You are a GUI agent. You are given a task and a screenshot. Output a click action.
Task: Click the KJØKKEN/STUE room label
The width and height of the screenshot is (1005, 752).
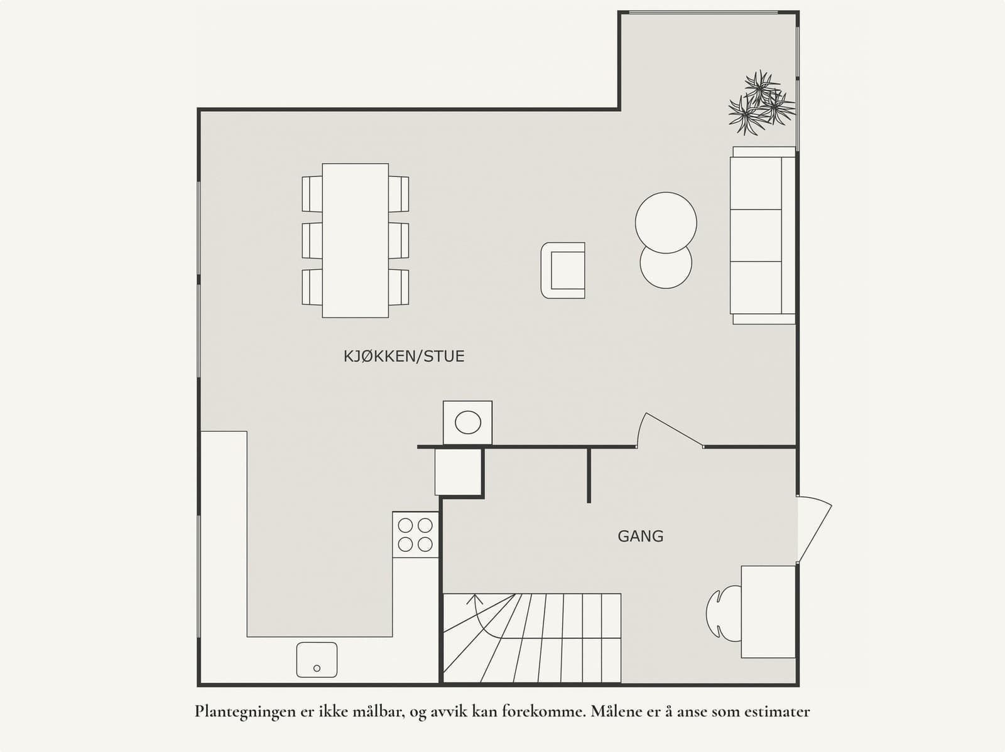pos(404,357)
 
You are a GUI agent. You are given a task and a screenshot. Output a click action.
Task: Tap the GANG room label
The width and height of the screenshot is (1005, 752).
pos(640,536)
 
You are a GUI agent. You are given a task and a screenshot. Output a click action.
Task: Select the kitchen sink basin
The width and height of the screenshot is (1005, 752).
pos(317,660)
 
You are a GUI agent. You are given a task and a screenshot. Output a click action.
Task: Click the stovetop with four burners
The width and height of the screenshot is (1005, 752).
pos(415,535)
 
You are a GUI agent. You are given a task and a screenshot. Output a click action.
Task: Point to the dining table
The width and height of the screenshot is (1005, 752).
pos(355,240)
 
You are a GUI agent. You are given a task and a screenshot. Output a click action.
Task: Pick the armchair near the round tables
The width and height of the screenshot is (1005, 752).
pos(563,270)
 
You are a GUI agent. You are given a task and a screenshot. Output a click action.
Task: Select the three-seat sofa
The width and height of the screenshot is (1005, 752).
pos(762,235)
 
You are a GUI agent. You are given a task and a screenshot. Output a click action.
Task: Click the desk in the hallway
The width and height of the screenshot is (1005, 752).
pos(768,611)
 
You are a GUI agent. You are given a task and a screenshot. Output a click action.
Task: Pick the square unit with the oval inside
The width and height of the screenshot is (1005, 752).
pos(467,422)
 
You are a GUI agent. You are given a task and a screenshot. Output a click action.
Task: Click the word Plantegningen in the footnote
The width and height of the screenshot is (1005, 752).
pos(241,712)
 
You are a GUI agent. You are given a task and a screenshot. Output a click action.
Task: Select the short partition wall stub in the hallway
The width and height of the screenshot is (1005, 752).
pos(589,475)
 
